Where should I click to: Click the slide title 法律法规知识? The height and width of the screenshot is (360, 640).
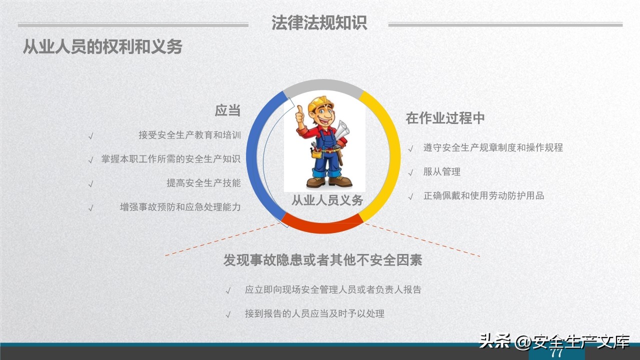319,23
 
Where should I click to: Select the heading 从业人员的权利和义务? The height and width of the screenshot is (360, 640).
102,46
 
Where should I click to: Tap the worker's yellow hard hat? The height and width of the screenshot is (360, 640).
320,104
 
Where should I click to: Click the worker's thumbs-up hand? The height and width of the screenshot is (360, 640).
300,115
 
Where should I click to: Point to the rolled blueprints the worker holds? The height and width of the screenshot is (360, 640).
343,130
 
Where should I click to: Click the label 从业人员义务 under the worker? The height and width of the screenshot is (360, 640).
327,201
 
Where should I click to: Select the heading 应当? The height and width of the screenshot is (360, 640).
227,110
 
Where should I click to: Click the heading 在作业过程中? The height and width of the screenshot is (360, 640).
445,118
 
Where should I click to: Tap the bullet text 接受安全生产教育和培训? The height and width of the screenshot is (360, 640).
189,135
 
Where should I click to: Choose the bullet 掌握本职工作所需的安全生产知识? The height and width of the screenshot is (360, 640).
171,159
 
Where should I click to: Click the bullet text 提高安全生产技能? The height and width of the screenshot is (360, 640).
203,183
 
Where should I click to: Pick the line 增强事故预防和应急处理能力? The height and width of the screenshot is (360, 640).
180,207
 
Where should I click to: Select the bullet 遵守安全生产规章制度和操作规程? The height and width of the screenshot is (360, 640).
493,147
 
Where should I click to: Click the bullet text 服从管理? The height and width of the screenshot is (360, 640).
441,171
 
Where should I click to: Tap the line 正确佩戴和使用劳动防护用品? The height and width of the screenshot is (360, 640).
483,195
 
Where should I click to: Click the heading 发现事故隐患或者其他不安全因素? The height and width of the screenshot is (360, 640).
322,260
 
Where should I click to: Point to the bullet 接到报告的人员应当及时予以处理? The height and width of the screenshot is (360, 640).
314,314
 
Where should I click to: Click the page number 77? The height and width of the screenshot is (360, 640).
556,353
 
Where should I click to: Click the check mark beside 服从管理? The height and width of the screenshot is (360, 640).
410,173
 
